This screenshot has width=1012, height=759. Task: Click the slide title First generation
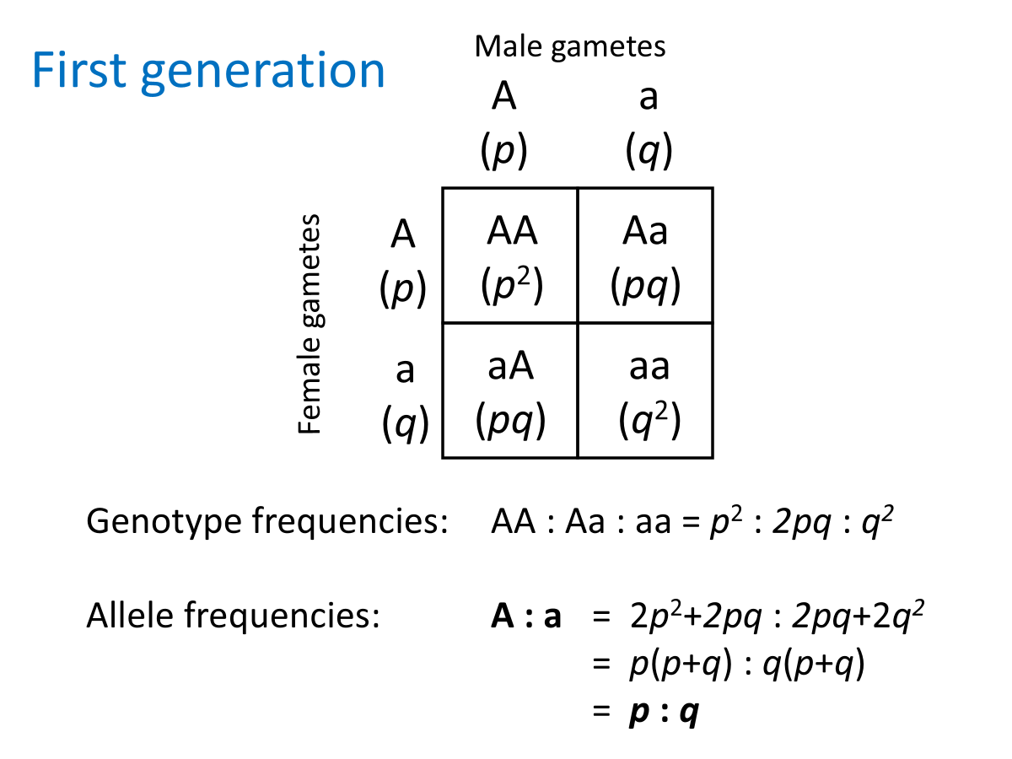(x=208, y=71)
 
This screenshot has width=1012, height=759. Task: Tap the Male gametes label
(x=570, y=46)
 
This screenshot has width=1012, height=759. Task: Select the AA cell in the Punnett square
(x=510, y=256)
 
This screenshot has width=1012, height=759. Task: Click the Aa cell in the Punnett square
(x=645, y=256)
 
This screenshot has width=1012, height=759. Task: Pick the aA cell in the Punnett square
(x=510, y=390)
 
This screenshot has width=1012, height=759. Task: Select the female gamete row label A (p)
(x=403, y=261)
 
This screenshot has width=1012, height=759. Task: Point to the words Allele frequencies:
(x=232, y=617)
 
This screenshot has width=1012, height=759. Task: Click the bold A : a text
(x=526, y=618)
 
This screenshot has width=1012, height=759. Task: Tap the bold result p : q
(x=664, y=714)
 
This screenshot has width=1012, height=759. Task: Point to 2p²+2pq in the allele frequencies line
(x=694, y=619)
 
